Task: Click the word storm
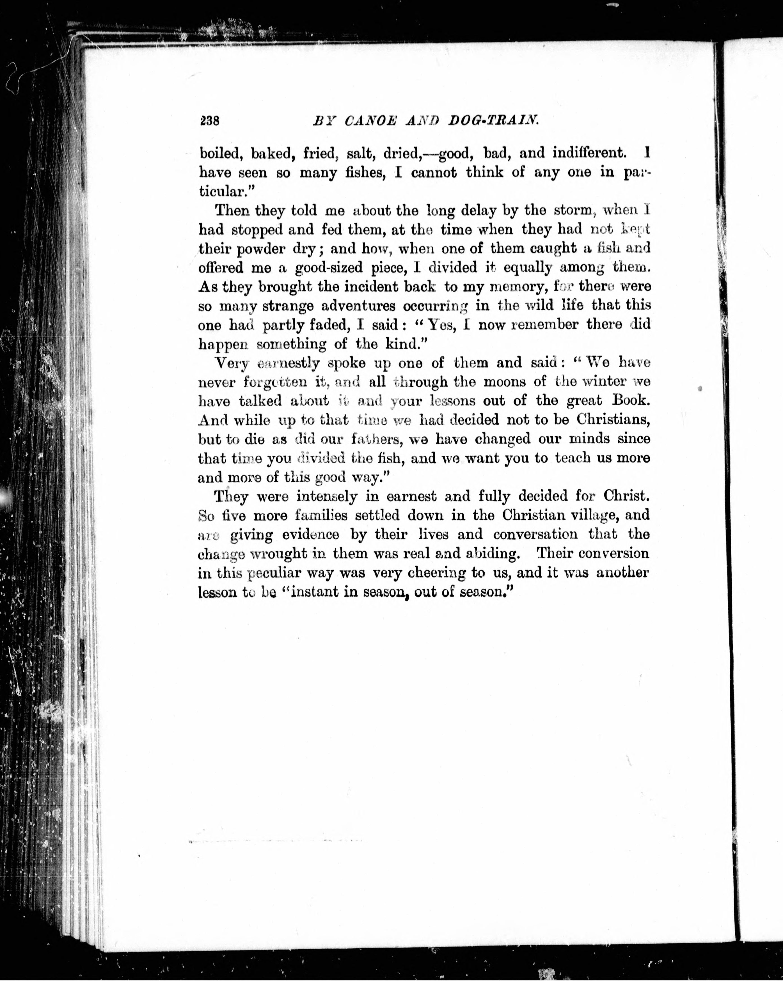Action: click(575, 211)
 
